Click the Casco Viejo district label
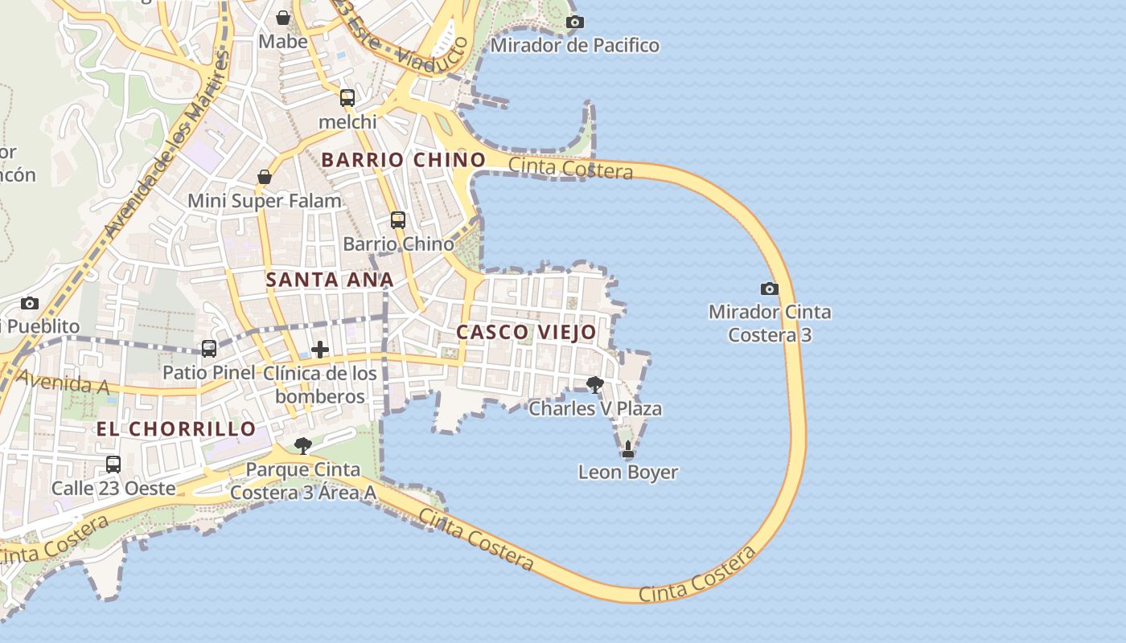click(526, 332)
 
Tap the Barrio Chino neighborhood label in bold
click(404, 160)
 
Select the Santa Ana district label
click(329, 280)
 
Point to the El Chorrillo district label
click(176, 429)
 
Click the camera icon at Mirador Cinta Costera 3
click(769, 289)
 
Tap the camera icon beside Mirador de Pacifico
click(574, 22)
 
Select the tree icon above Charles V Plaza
click(595, 385)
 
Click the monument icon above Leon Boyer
click(628, 449)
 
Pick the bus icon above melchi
click(347, 98)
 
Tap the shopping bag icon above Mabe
click(283, 17)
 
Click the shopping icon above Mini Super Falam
click(265, 177)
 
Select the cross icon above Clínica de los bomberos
click(320, 350)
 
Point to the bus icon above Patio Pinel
click(209, 349)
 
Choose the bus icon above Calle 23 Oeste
click(113, 465)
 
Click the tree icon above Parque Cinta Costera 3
click(302, 446)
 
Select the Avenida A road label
click(63, 383)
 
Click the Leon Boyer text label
click(628, 473)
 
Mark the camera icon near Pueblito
click(30, 303)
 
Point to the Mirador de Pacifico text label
click(574, 45)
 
